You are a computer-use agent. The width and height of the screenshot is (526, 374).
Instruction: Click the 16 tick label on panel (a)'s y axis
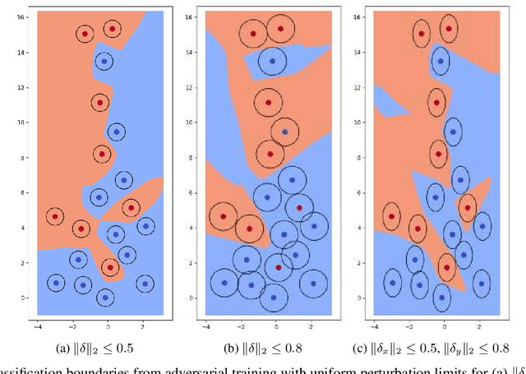[20, 16]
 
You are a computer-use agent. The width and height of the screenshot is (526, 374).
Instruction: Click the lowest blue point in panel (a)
[104, 297]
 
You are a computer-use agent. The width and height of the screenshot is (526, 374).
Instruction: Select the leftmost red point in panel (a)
[55, 217]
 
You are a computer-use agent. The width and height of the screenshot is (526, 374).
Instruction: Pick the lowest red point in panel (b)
[278, 268]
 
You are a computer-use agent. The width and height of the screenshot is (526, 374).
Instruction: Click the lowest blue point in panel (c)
[445, 297]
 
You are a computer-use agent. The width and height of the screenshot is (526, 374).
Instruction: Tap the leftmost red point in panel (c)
[392, 217]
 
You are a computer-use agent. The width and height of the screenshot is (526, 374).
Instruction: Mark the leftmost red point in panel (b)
[223, 217]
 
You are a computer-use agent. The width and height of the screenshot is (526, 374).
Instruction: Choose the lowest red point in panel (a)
[109, 267]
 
